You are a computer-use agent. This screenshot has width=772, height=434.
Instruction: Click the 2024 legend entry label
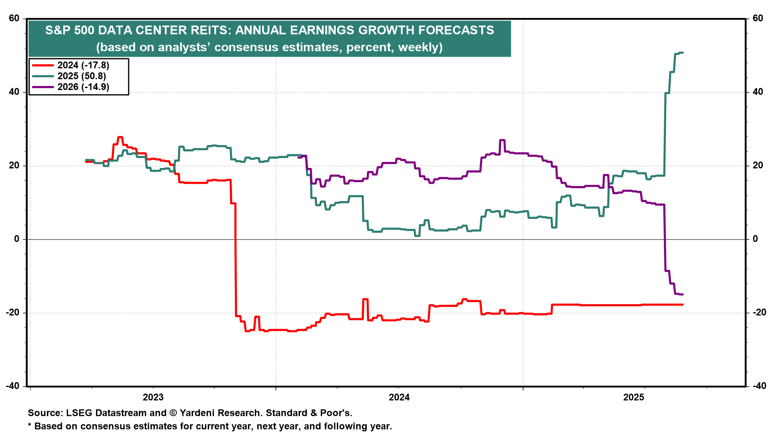click(83, 65)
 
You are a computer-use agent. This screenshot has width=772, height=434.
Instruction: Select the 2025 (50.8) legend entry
click(82, 76)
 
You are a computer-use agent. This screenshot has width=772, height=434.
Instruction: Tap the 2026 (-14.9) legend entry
click(83, 87)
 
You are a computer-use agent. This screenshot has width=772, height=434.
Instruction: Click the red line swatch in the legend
click(43, 65)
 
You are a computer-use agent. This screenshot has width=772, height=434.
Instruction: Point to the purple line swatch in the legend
click(43, 87)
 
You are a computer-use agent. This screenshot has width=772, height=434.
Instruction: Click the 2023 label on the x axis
click(153, 397)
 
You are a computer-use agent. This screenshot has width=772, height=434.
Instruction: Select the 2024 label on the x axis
click(399, 397)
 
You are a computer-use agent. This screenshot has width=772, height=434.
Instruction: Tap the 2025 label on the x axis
click(634, 397)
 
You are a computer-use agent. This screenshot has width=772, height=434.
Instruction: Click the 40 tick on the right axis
click(758, 92)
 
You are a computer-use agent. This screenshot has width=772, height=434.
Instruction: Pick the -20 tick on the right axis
click(756, 313)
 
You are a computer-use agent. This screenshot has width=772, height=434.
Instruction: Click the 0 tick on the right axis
click(755, 239)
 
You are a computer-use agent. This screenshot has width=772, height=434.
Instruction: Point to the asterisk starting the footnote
click(30, 426)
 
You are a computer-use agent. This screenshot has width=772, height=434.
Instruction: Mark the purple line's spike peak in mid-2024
click(502, 140)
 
